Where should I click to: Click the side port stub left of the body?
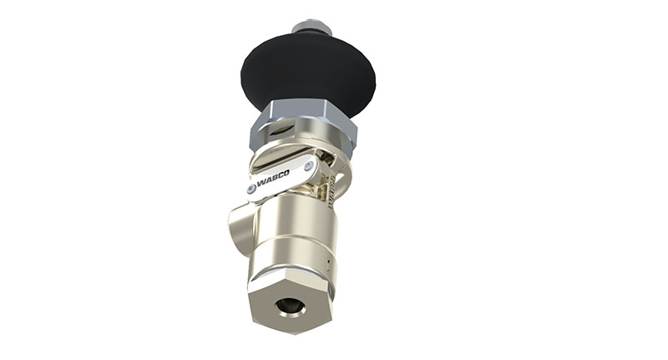238,226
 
